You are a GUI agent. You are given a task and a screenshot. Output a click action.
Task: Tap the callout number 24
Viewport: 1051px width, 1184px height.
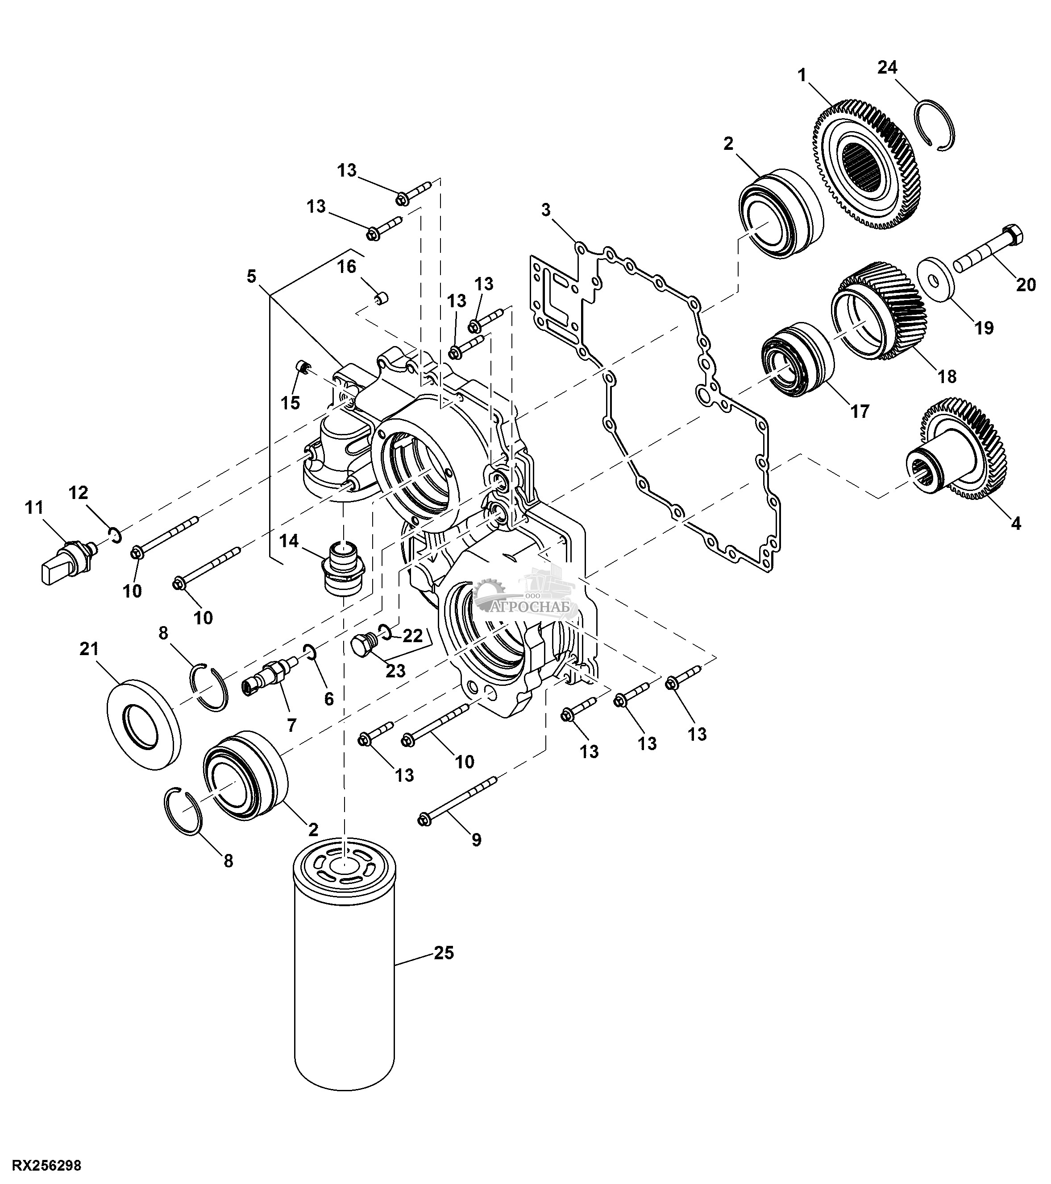click(887, 68)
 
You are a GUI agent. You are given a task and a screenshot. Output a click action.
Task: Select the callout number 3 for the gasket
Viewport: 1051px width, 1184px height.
click(545, 210)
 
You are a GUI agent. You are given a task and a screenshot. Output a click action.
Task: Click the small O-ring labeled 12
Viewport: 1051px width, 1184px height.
click(116, 535)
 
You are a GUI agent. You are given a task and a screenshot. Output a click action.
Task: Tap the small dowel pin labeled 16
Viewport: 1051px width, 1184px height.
click(381, 299)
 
